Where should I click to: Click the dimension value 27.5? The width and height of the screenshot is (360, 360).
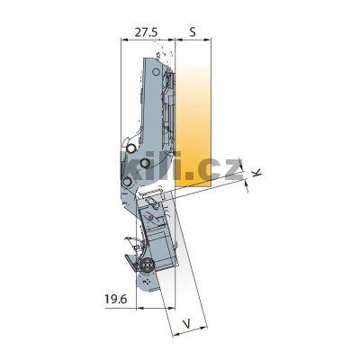[x=147, y=31]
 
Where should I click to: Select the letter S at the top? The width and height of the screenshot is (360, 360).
[x=192, y=31]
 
